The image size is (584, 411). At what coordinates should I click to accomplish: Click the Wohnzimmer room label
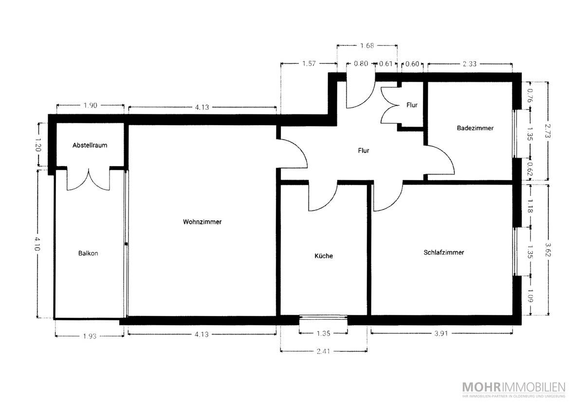click(x=202, y=222)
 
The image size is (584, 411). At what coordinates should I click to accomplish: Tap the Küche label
click(x=324, y=256)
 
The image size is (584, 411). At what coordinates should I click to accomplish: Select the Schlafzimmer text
click(x=444, y=252)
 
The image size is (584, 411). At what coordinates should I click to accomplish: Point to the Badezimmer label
click(x=475, y=128)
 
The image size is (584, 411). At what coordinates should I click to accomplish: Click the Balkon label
click(x=88, y=253)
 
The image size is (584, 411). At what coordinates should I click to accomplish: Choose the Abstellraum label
click(x=90, y=145)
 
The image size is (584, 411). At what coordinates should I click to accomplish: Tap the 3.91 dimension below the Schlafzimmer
click(x=441, y=334)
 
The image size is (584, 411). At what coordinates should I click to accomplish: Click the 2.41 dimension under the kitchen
click(x=323, y=351)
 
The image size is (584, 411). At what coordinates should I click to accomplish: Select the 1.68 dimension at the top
click(x=367, y=46)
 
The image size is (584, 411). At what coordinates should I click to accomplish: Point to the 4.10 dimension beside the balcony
click(x=37, y=243)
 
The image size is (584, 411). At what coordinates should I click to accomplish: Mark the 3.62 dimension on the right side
click(x=547, y=250)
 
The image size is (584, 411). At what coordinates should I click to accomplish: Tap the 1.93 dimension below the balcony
click(x=90, y=336)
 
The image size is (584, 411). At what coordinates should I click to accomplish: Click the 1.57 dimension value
click(x=309, y=63)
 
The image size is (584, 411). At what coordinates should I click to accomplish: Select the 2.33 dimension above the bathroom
click(x=470, y=64)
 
